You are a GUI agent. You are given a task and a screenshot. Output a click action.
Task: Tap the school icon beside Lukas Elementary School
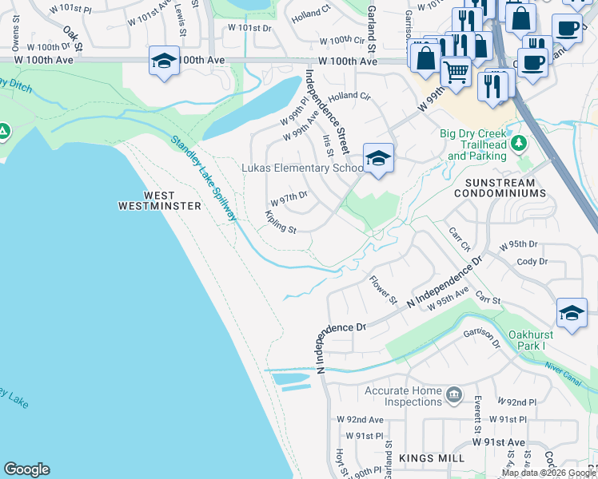point(377,158)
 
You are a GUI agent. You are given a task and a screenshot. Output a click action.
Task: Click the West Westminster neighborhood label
point(160,200)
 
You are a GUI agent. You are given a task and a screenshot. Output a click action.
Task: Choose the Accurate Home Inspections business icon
point(454,394)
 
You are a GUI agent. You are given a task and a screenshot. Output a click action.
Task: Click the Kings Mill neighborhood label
point(426,458)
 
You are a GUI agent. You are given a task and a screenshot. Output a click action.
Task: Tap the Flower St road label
point(383,290)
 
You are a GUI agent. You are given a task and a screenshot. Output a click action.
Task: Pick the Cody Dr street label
point(532,261)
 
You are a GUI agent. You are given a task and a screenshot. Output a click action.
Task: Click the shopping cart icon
point(456,71)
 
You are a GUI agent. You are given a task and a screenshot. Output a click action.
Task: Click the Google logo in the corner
point(26,469)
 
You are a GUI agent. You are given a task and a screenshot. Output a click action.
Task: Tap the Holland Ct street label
point(311,14)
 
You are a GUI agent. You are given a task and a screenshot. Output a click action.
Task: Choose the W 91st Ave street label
point(498,441)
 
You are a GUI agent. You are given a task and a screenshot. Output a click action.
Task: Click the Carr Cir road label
point(459,239)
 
